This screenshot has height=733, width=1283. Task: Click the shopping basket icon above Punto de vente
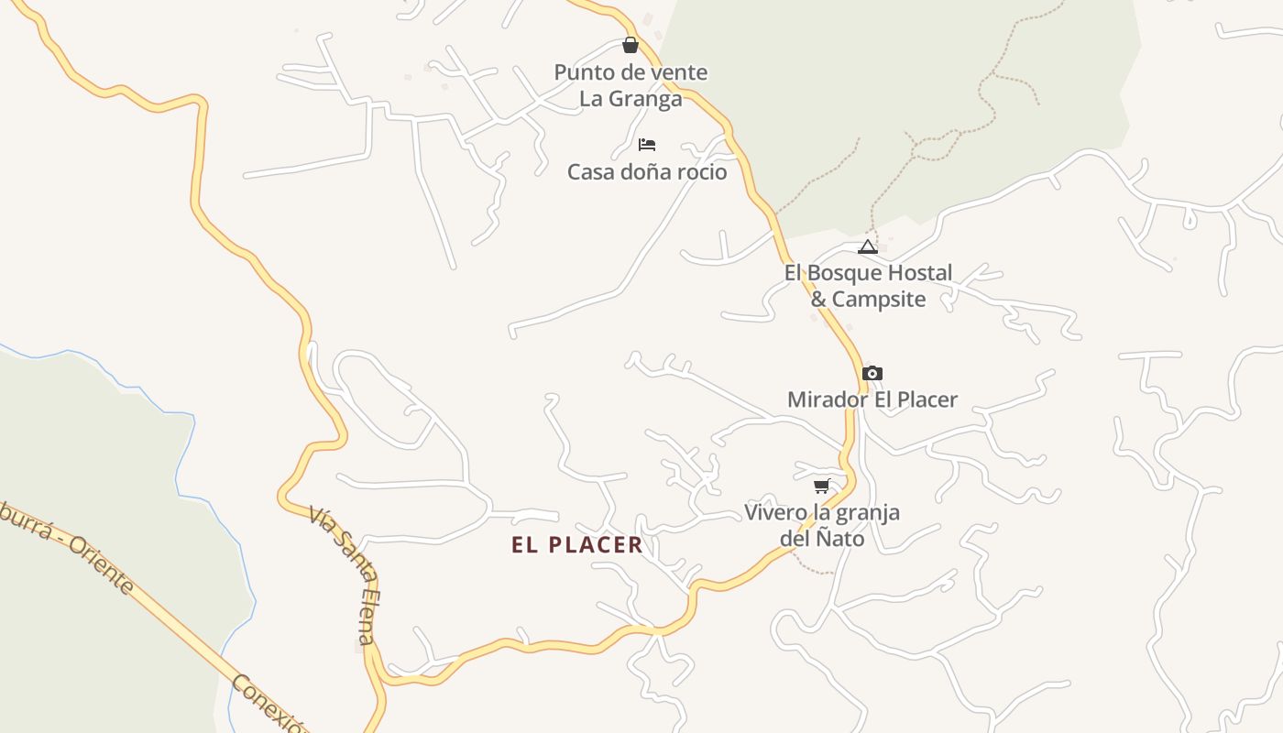[x=631, y=45]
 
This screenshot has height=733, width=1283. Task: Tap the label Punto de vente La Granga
[x=631, y=85]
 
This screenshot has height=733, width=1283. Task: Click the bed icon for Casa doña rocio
[x=647, y=145]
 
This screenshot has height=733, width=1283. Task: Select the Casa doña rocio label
[x=647, y=172]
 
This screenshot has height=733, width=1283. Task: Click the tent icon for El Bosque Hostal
[x=868, y=246]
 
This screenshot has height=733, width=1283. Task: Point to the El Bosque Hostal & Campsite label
[x=868, y=286]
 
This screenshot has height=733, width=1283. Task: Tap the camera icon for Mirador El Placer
[x=872, y=373]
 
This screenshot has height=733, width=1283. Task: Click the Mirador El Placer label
[x=872, y=399]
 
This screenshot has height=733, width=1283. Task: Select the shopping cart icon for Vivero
[x=822, y=486]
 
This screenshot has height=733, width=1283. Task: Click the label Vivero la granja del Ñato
[x=822, y=525]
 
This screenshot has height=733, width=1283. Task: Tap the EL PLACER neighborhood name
[x=577, y=545]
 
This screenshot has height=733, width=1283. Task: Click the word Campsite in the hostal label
[x=879, y=300]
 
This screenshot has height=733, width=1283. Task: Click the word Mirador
[x=822, y=399]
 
